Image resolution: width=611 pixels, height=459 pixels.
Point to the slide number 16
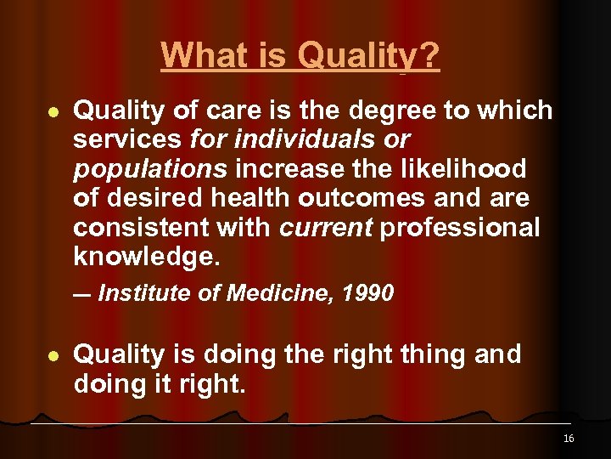click(568, 439)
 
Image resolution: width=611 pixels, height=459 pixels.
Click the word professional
click(459, 228)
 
